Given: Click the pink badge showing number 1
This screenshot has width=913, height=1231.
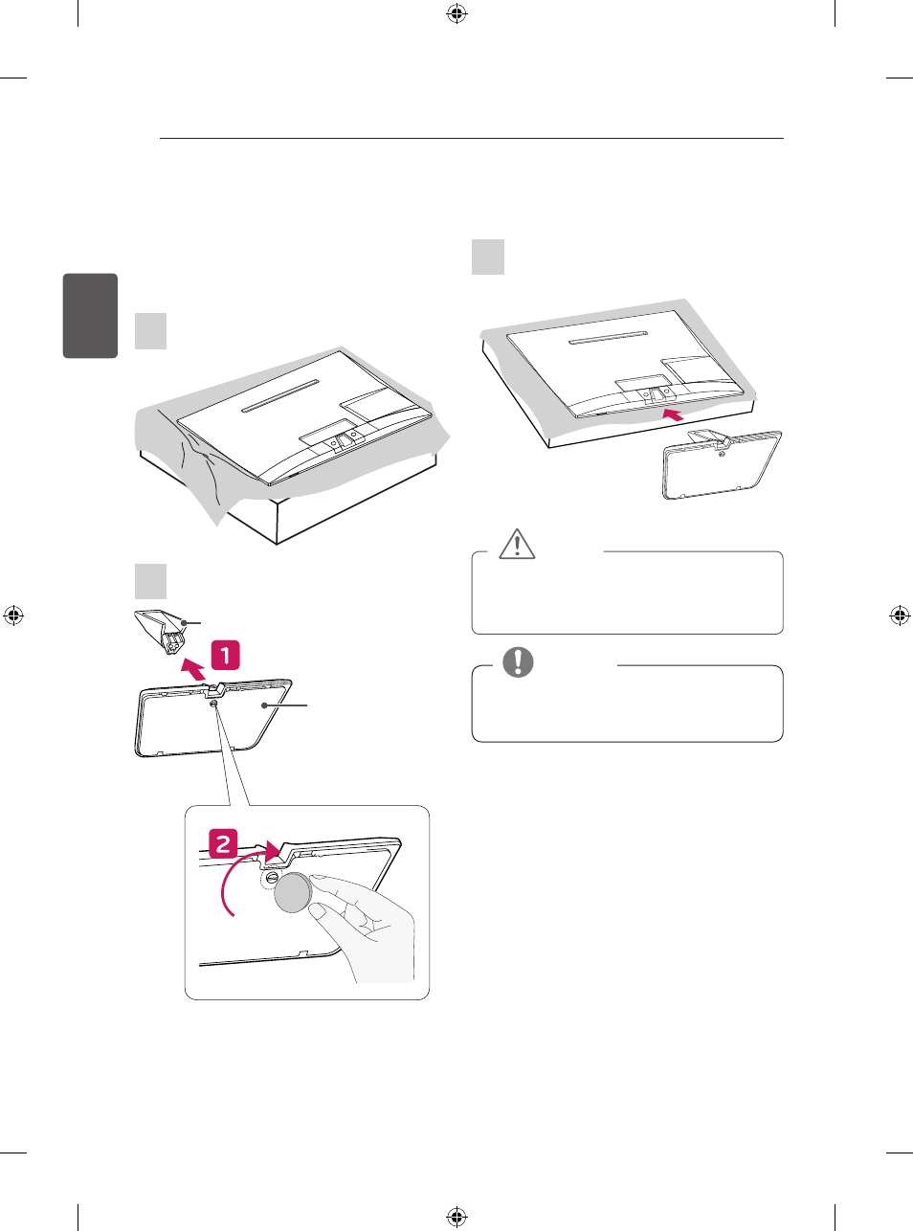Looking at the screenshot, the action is pyautogui.click(x=225, y=655).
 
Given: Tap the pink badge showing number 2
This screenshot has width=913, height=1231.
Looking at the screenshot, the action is pyautogui.click(x=223, y=844).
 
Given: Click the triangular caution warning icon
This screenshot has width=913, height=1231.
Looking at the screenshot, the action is pyautogui.click(x=517, y=544).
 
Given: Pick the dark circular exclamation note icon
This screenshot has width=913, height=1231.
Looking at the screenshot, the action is pyautogui.click(x=518, y=662).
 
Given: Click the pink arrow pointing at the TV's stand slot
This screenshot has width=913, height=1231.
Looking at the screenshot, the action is pyautogui.click(x=674, y=414).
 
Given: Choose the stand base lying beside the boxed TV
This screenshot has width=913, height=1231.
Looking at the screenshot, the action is pyautogui.click(x=722, y=464).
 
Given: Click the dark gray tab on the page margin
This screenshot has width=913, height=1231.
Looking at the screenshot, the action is pyautogui.click(x=90, y=315).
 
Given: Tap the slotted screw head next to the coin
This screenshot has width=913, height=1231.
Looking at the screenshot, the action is pyautogui.click(x=272, y=878).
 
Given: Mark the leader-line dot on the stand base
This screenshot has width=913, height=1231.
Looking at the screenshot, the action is pyautogui.click(x=264, y=705).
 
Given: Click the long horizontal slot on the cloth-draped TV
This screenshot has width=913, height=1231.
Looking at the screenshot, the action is pyautogui.click(x=280, y=395).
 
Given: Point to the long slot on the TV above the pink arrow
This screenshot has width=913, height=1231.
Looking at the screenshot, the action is pyautogui.click(x=608, y=338).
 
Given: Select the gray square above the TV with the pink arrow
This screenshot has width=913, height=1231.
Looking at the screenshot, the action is pyautogui.click(x=488, y=257).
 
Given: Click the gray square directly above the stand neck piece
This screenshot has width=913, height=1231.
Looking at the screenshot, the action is pyautogui.click(x=150, y=581).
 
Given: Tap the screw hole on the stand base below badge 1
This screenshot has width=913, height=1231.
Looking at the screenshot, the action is pyautogui.click(x=214, y=704).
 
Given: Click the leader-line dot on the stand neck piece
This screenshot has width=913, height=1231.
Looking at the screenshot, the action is pyautogui.click(x=183, y=623).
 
